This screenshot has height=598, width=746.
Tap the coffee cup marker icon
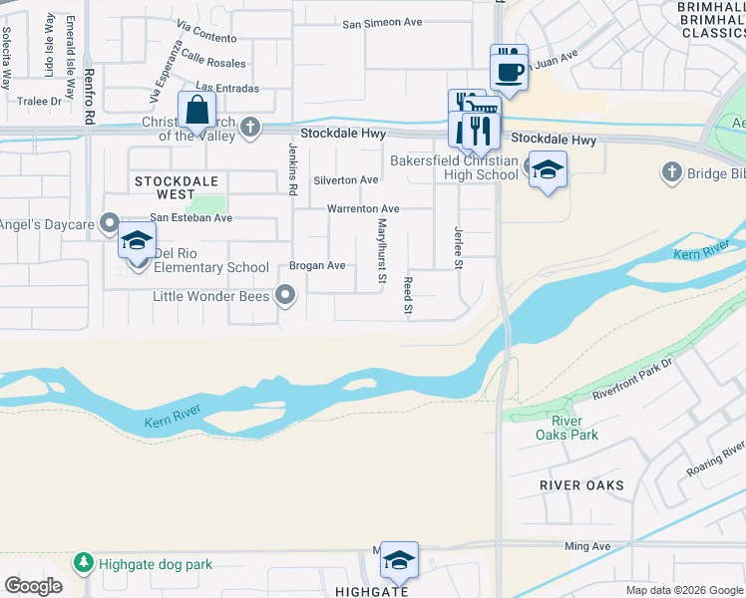[509, 72]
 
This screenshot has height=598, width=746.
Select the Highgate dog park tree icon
[82, 564]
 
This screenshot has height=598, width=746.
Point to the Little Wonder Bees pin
[287, 295]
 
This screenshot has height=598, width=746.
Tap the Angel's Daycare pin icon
[109, 224]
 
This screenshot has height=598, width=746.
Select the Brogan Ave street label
[317, 266]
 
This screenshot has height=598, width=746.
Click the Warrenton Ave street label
[363, 209]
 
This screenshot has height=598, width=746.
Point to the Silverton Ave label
[346, 180]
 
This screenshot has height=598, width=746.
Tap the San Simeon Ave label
[384, 23]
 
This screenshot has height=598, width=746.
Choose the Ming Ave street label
[587, 547]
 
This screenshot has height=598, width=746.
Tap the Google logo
[33, 586]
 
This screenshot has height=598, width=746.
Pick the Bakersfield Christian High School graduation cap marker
[547, 170]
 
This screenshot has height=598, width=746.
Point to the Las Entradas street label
[227, 89]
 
